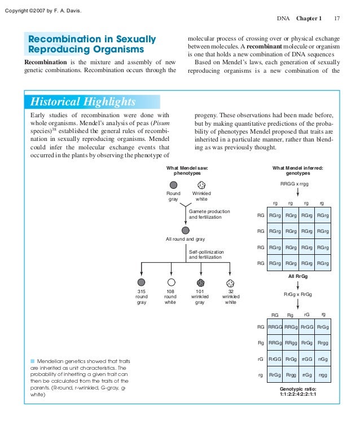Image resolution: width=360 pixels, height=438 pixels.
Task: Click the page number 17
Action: click(337, 18)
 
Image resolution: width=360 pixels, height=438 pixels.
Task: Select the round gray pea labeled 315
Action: click(142, 282)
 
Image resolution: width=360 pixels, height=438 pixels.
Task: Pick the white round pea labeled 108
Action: click(171, 282)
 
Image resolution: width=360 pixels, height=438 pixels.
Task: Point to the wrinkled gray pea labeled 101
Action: click(200, 282)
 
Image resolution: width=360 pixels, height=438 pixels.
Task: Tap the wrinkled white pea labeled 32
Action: click(230, 282)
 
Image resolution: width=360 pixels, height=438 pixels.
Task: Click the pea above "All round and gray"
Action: click(185, 230)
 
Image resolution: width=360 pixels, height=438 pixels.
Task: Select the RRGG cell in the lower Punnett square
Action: click(275, 326)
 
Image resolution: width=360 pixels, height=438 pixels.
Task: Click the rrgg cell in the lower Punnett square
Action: click(323, 375)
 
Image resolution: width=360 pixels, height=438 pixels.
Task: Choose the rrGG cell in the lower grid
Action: click(307, 359)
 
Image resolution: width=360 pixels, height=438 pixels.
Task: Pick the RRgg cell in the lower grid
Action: click(291, 343)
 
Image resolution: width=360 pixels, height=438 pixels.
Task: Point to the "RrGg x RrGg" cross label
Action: click(298, 294)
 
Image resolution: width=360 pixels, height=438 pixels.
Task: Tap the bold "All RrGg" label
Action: click(298, 277)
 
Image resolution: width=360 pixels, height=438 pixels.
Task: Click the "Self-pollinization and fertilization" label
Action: click(207, 254)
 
